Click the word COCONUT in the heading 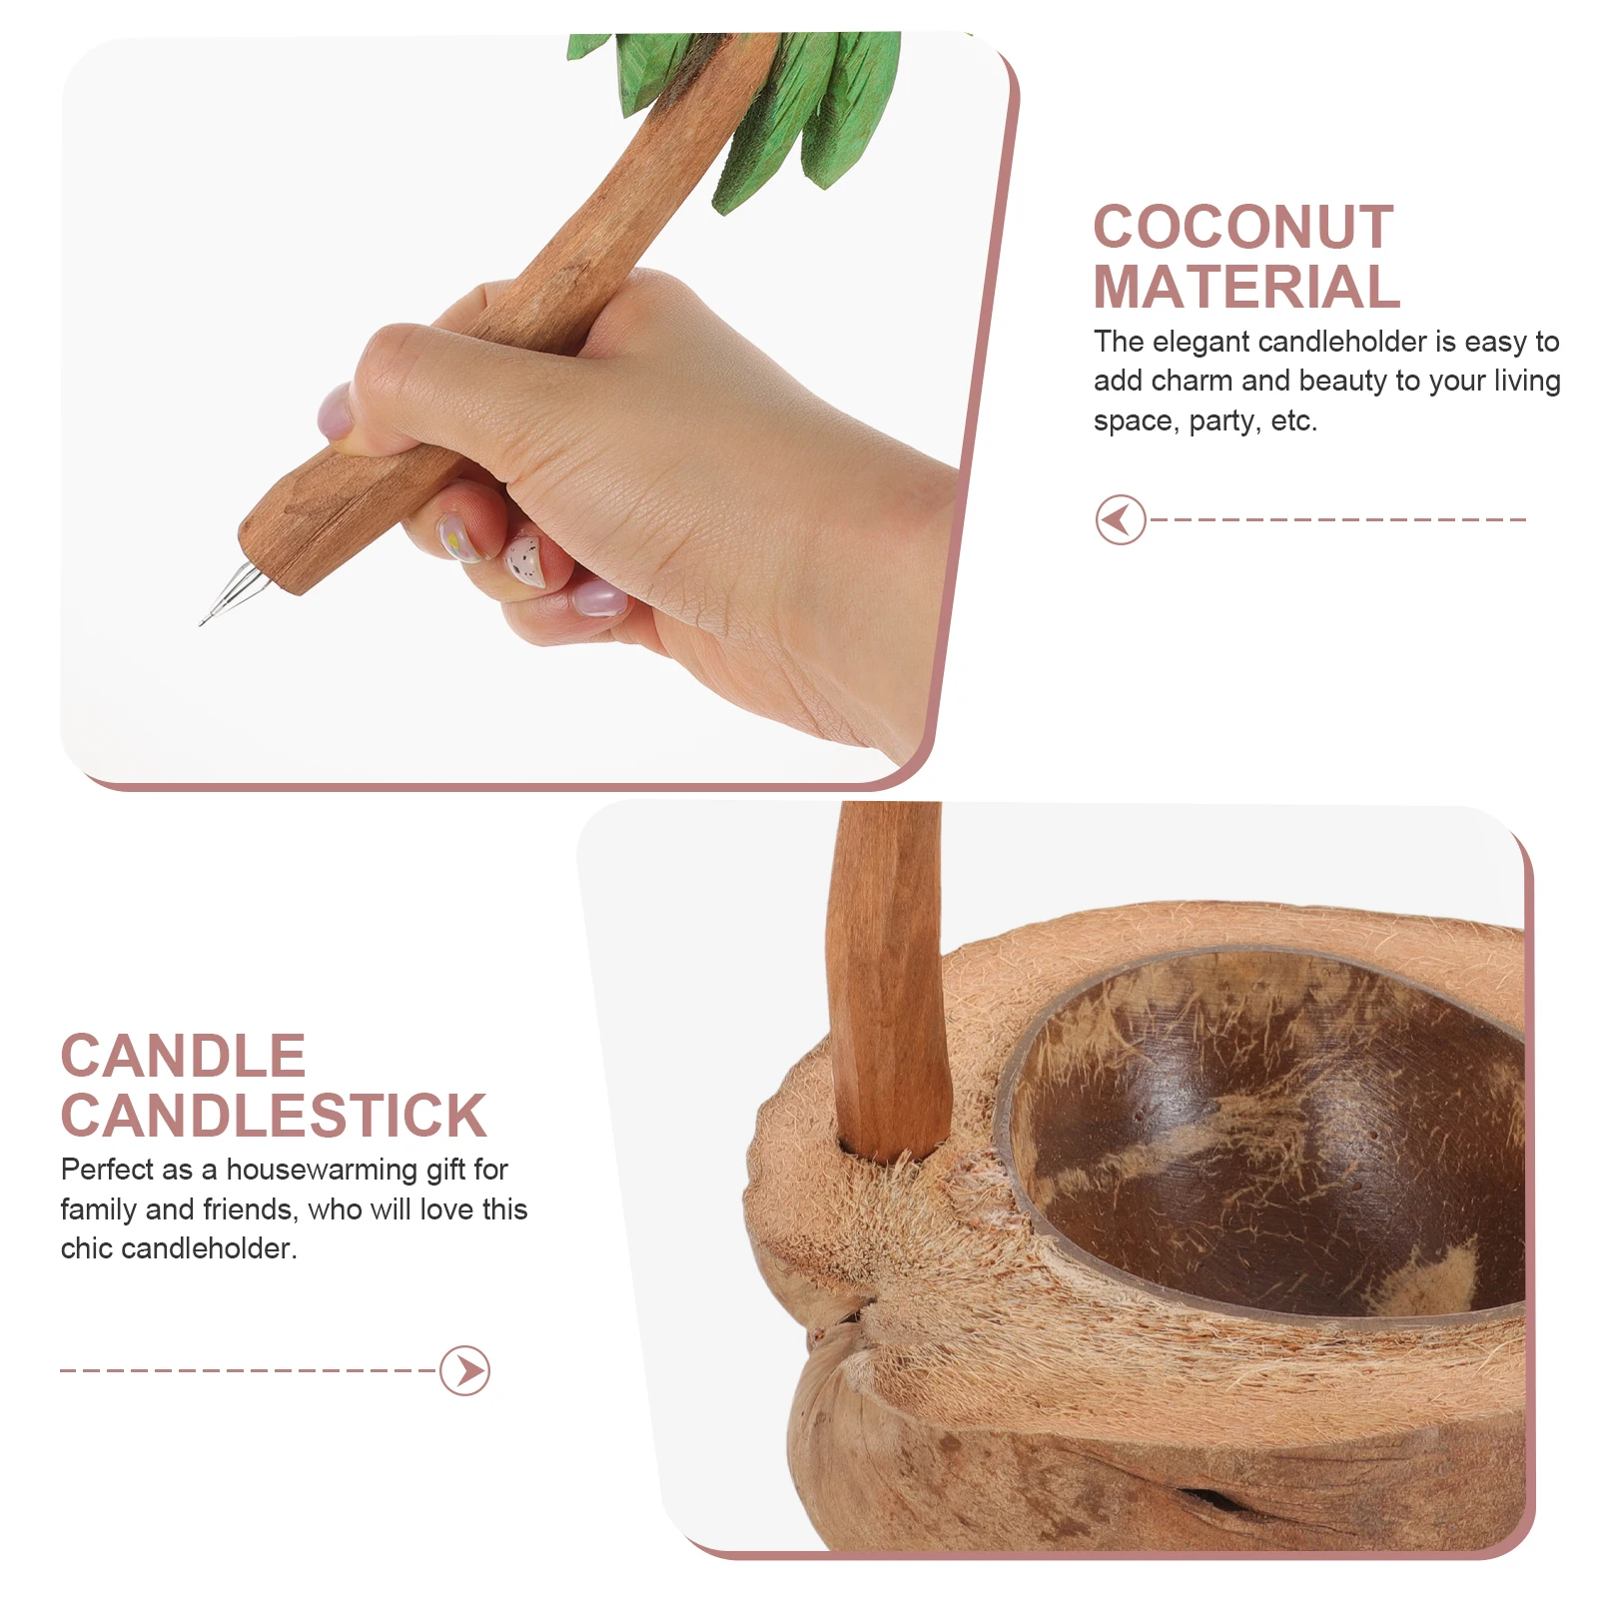1242,228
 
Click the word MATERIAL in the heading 1245,288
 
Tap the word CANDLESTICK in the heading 274,1116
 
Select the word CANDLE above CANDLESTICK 183,1057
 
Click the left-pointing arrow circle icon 1120,519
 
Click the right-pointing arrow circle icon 465,1370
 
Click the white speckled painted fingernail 521,559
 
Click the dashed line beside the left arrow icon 1338,519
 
